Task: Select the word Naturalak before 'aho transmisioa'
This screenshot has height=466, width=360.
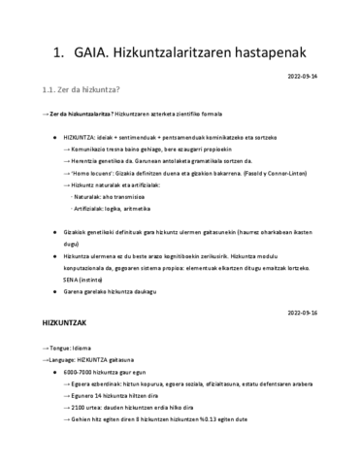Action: point(95,195)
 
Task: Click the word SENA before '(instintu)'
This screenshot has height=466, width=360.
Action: point(71,277)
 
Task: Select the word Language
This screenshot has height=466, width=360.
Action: point(62,359)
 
